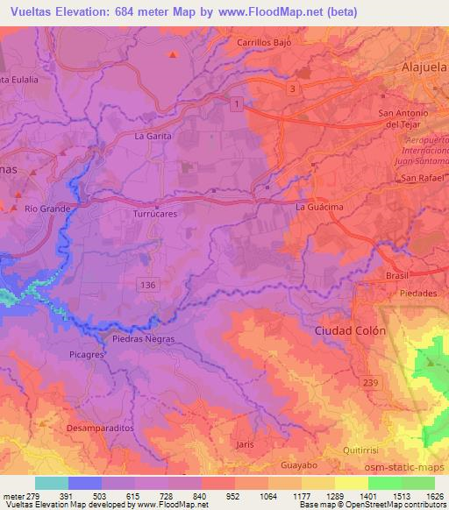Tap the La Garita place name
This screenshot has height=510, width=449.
coord(151,137)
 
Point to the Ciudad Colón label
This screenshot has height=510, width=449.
coord(349,330)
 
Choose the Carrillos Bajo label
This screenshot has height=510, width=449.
coord(264,41)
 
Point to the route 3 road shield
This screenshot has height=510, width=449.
coord(291,89)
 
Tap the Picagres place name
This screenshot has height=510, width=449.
coord(87,356)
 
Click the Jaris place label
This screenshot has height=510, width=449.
coord(246,444)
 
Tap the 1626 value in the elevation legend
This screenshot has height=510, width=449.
coord(435,495)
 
